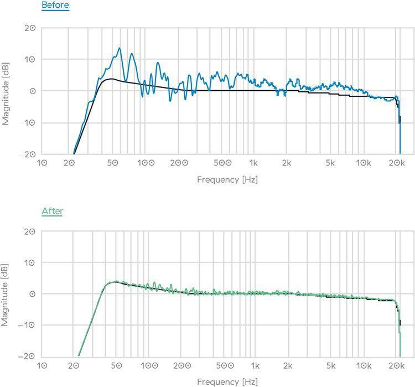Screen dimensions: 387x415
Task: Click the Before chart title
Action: (55, 6)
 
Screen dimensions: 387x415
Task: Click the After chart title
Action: (52, 211)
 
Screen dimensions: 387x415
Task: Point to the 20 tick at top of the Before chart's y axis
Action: (30, 28)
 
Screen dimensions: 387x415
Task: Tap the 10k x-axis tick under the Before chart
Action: (364, 163)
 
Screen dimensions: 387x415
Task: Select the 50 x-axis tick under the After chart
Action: (116, 366)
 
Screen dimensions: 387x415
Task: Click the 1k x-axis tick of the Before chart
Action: (253, 163)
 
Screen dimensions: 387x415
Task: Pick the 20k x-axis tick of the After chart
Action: (395, 366)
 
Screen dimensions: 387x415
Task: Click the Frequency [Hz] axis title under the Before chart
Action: (227, 179)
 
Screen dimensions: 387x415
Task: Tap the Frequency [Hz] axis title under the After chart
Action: (227, 381)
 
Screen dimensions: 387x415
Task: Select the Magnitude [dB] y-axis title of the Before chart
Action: (6, 91)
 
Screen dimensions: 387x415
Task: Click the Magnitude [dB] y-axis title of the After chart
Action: (6, 294)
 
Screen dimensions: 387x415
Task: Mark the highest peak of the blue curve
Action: (119, 48)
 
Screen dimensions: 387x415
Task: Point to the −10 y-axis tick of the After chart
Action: (28, 325)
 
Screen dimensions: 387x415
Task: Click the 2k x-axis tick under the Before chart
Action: (286, 163)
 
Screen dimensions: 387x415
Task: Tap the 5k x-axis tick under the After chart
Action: (330, 366)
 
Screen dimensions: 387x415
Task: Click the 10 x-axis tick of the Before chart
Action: (42, 163)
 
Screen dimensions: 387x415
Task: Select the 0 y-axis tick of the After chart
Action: (33, 294)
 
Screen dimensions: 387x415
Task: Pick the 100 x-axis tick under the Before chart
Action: (146, 163)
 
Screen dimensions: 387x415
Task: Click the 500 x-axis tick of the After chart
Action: (223, 366)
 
